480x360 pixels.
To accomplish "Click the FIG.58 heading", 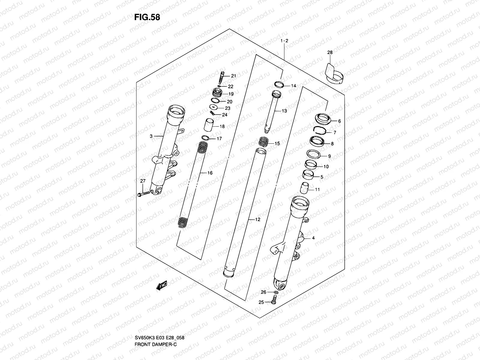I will [147, 17].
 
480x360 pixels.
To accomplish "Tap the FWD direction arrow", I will [161, 285].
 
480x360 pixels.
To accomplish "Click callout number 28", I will [330, 53].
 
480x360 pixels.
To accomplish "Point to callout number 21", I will [233, 76].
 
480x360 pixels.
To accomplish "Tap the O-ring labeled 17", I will [205, 138].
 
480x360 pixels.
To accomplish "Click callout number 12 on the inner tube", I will [257, 220].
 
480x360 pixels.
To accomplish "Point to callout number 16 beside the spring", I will [210, 173].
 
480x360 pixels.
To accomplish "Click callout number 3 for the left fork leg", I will [151, 136].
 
